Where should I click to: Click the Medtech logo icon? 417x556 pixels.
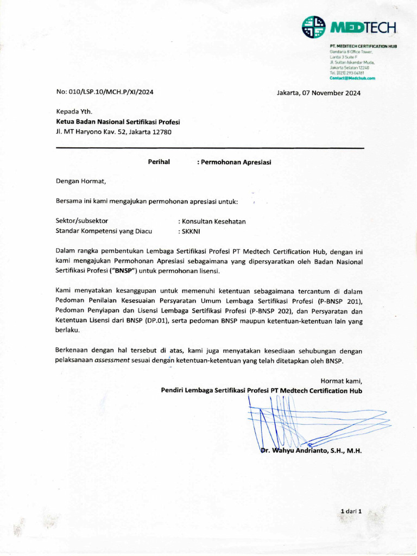tap(314, 27)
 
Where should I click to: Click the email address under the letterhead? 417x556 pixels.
tap(352, 78)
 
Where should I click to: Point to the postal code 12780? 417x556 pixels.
tap(161, 131)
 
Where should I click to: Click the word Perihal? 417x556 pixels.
tap(159, 161)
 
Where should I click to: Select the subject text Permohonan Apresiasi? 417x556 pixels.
tap(236, 162)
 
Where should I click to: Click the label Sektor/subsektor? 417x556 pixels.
tap(82, 221)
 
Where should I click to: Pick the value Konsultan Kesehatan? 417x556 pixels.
tap(214, 222)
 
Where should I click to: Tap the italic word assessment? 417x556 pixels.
tap(112, 361)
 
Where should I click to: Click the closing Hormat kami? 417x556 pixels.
tap(341, 381)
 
